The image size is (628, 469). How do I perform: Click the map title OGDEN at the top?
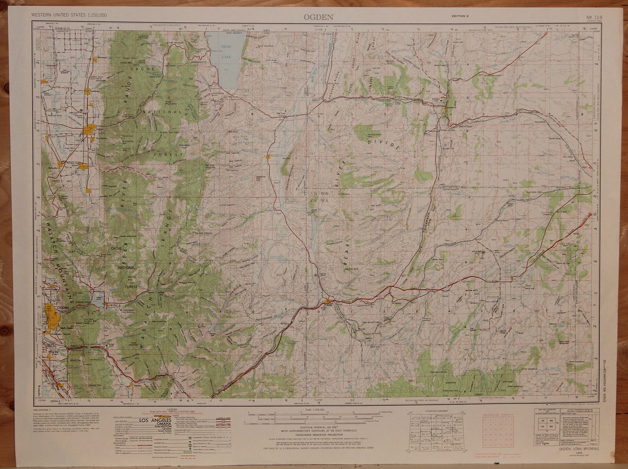[314, 17]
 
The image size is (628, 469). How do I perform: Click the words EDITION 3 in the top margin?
[460, 16]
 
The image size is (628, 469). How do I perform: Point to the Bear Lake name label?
[226, 51]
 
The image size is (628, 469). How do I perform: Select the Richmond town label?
[102, 58]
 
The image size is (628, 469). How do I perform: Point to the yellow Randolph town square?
[268, 156]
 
